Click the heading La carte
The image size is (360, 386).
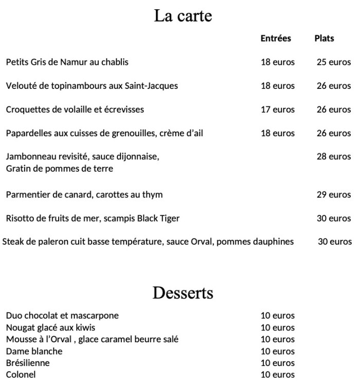tap(183, 16)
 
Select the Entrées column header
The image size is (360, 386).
tap(276, 39)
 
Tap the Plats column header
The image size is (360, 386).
tap(324, 39)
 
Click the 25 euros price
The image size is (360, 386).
tap(333, 62)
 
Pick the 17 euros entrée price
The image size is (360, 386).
tap(278, 109)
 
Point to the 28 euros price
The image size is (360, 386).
tap(333, 157)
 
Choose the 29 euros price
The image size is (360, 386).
tap(333, 195)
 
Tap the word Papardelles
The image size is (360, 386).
tap(27, 133)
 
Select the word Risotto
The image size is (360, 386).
tap(19, 218)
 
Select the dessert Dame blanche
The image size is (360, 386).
tap(34, 351)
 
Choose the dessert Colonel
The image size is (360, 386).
tap(21, 375)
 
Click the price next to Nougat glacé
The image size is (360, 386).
tap(278, 327)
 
